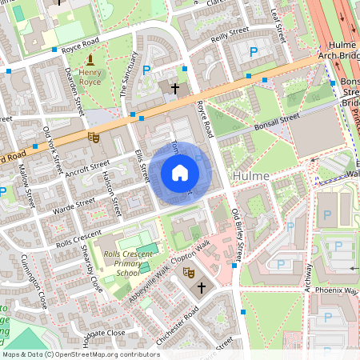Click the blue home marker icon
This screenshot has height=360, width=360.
pyautogui.click(x=180, y=173)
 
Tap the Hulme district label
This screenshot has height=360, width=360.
pyautogui.click(x=250, y=174)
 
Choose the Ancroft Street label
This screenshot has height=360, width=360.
pyautogui.click(x=88, y=168)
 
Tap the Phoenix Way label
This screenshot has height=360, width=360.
pyautogui.click(x=336, y=289)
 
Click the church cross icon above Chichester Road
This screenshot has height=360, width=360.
pyautogui.click(x=201, y=286)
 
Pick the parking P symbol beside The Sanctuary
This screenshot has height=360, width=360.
pyautogui.click(x=146, y=70)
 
